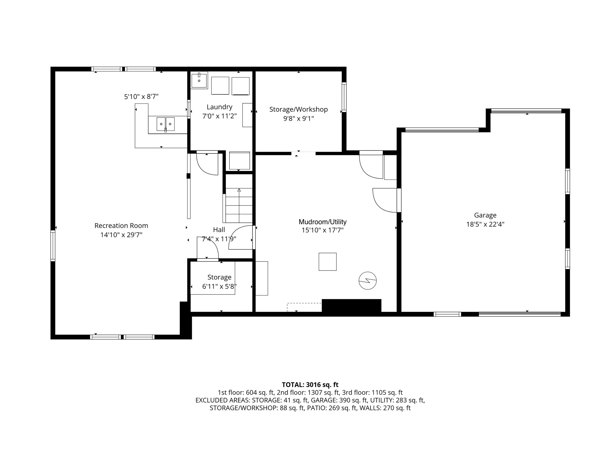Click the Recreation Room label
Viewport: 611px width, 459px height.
pos(121,225)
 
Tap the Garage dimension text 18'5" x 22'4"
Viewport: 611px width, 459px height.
pos(485,224)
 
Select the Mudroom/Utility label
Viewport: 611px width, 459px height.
pos(322,222)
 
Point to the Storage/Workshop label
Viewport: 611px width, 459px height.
pos(298,109)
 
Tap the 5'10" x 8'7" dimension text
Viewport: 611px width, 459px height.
pos(141,96)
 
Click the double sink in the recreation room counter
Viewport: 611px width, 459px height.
pos(166,124)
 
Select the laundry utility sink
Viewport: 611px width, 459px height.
pos(199,80)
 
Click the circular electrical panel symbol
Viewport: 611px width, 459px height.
pos(368,281)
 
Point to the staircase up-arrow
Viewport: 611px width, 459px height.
pos(239,190)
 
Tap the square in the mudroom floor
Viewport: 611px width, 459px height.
pos(327,261)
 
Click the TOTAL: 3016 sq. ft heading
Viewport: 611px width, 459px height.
pos(310,385)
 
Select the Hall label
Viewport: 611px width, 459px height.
pos(219,229)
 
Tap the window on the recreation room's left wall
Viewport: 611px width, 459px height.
pos(53,246)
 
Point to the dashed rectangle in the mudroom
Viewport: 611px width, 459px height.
pos(304,307)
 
